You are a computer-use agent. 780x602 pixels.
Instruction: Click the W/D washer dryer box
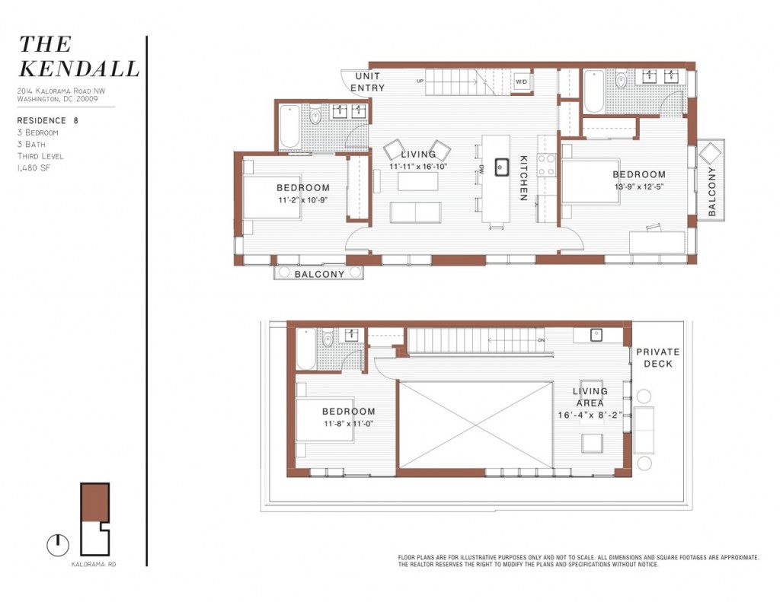click(522, 81)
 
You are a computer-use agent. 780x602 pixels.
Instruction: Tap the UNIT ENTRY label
click(368, 82)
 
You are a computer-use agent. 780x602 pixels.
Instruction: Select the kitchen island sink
click(501, 167)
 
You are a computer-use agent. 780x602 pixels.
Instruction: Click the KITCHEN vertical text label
click(524, 177)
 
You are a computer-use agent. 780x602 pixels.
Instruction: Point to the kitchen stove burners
click(547, 164)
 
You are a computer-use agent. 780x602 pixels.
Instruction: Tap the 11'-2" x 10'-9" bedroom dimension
click(302, 200)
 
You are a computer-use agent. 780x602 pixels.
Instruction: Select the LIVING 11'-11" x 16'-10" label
click(418, 160)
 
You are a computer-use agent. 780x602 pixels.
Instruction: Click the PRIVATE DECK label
click(657, 358)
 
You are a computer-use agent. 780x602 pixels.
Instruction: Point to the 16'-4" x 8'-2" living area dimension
click(590, 416)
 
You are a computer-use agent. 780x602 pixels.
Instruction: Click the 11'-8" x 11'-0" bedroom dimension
click(348, 423)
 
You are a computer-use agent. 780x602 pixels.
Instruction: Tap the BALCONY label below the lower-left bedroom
click(319, 274)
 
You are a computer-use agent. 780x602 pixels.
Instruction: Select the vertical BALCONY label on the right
click(712, 192)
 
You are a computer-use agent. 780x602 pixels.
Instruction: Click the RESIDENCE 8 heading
click(48, 120)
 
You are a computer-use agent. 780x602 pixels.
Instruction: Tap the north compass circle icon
click(57, 544)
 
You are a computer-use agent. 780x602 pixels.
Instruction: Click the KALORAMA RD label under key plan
click(94, 565)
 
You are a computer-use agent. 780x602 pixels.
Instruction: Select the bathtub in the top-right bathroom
click(593, 91)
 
